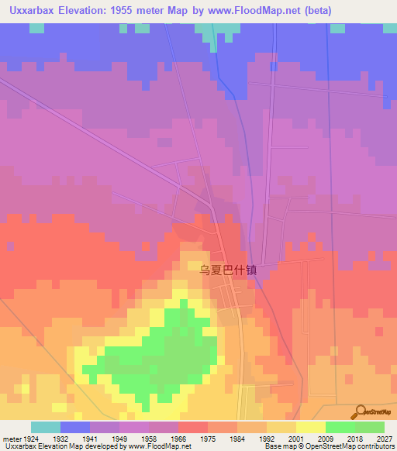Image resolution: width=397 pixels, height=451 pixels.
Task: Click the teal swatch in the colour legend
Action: [x=46, y=427]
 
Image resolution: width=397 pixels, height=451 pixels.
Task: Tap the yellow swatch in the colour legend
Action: [x=310, y=427]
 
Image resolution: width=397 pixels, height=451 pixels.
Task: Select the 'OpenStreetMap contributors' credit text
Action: [x=354, y=446]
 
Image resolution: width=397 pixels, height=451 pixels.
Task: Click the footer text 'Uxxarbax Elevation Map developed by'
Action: [x=54, y=446]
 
